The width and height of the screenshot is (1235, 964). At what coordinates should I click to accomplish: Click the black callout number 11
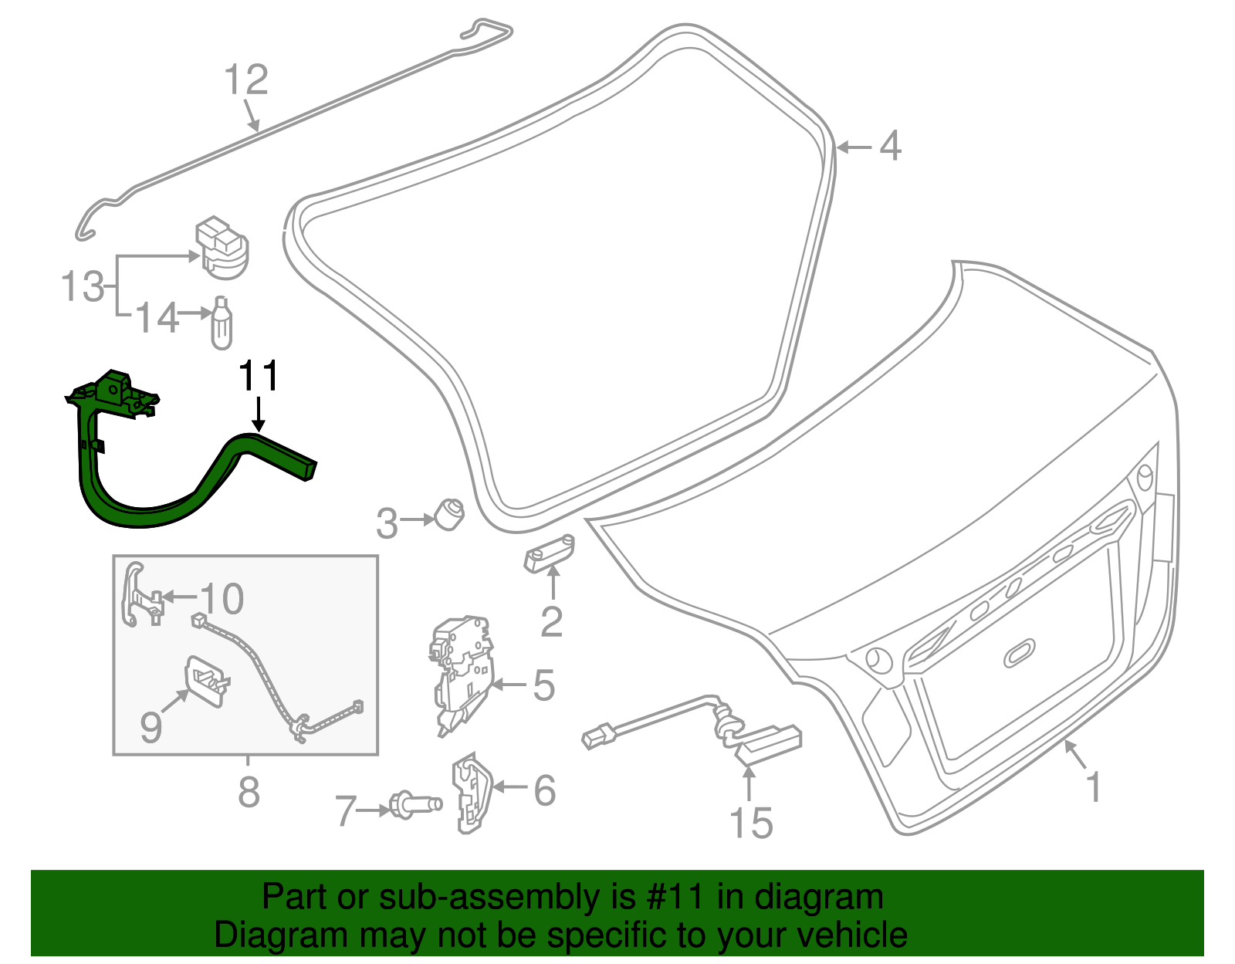point(258,377)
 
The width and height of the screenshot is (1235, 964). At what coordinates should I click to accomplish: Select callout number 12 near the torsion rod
point(246,80)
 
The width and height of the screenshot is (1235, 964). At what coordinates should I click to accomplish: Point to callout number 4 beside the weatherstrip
point(890,146)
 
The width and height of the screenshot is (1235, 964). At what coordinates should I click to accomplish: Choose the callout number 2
point(551,621)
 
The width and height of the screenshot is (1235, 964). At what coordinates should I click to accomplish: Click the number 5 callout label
point(543,685)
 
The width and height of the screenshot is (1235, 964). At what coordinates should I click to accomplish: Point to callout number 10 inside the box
point(222,598)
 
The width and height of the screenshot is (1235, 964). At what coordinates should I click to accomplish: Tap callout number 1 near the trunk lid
point(1093,786)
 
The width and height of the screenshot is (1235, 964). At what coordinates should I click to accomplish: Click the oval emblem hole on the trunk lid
point(1020,652)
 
